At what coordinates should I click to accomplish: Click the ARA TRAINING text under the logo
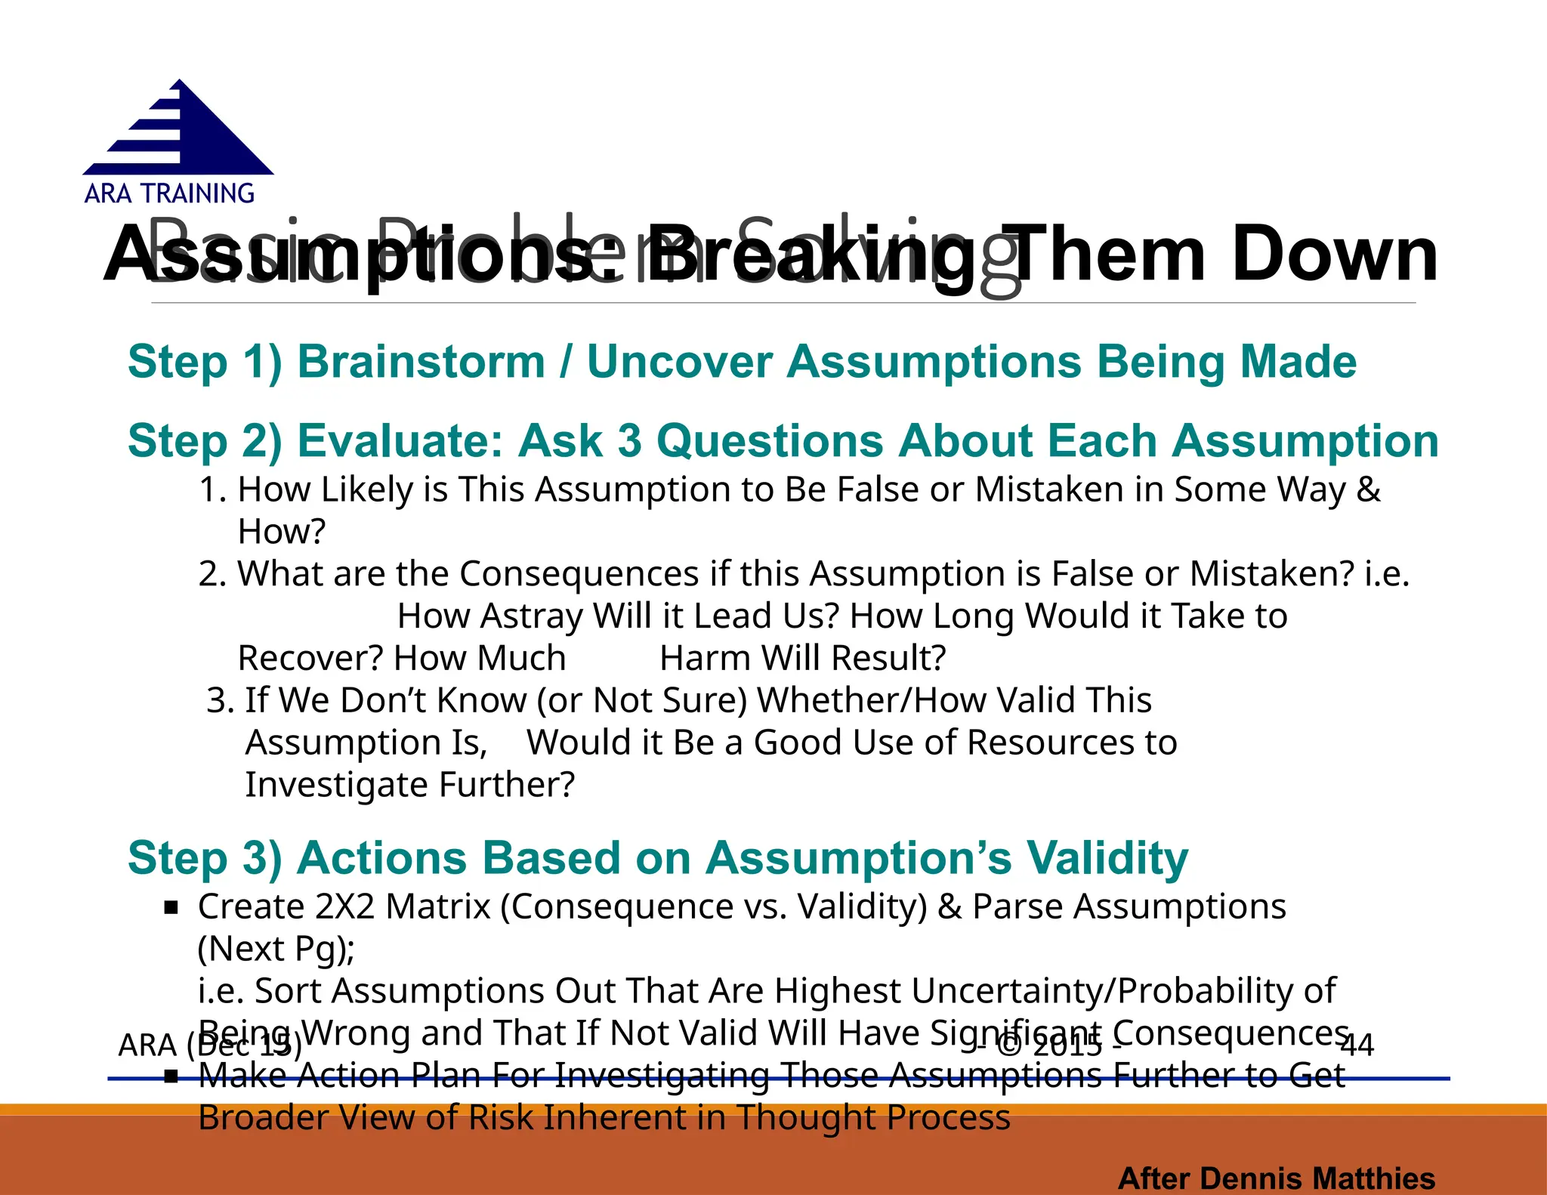coord(169,194)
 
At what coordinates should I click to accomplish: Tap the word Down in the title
coord(1335,255)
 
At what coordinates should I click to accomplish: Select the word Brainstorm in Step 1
coord(421,362)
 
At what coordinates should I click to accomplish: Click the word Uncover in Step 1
coord(679,362)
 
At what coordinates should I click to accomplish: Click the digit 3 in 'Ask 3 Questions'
coord(630,441)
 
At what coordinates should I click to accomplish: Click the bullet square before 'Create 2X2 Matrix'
coord(171,907)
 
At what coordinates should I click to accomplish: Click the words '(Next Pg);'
coord(276,950)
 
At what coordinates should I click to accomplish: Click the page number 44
coord(1357,1045)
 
